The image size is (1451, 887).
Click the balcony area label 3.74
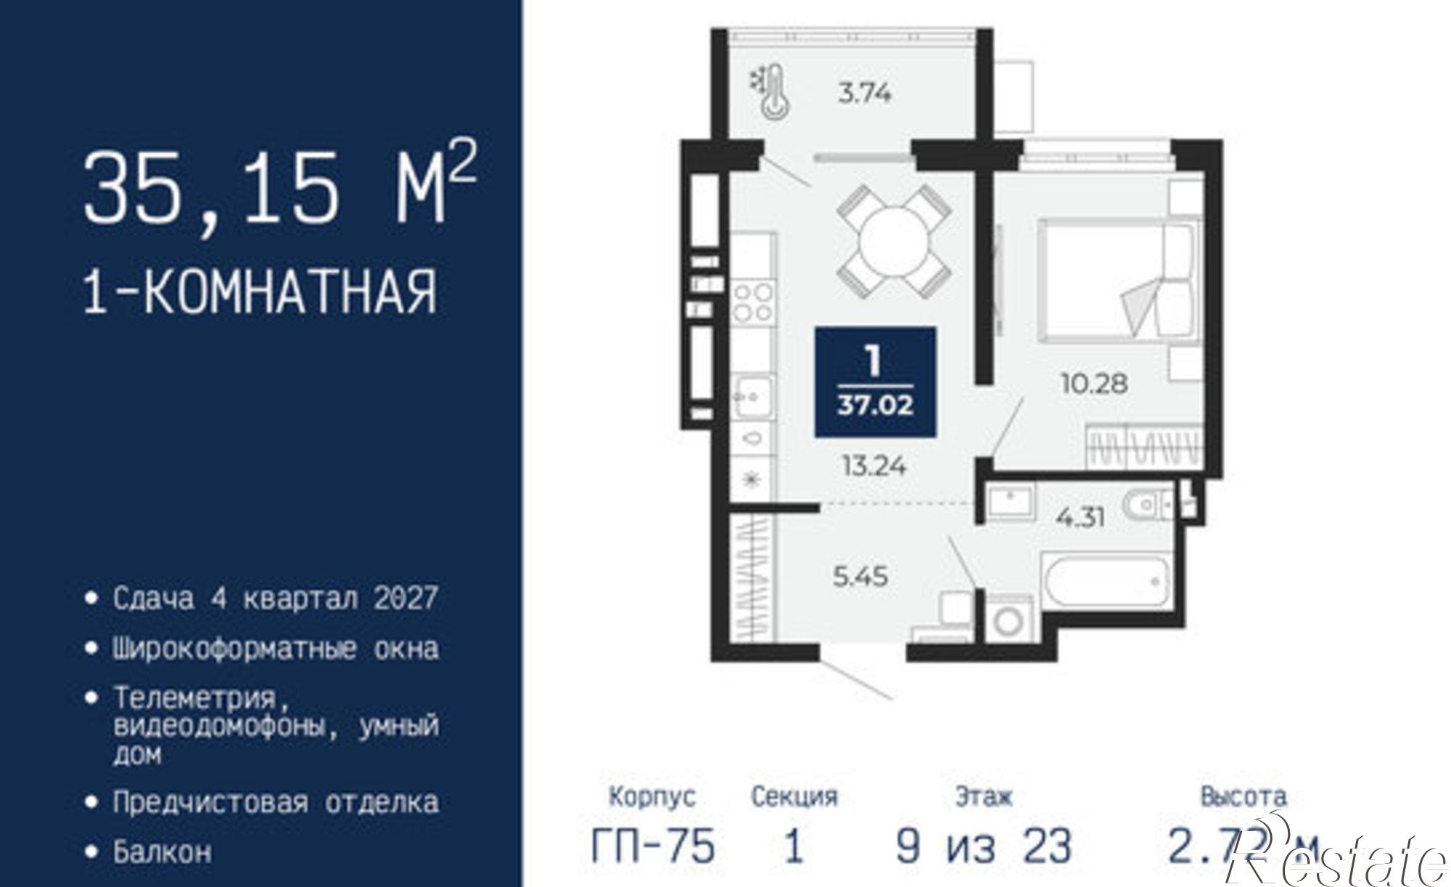click(x=864, y=93)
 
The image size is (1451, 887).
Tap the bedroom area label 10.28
click(x=1094, y=383)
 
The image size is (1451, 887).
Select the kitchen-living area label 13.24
click(x=874, y=466)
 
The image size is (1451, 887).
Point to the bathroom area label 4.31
click(x=1081, y=517)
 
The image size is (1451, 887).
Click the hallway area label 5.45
click(x=860, y=577)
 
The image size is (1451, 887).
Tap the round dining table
click(x=893, y=242)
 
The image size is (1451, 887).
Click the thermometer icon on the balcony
click(x=772, y=91)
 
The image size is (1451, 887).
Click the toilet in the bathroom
click(x=1148, y=505)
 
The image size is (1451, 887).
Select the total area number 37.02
click(x=875, y=405)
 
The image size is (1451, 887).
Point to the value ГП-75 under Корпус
click(x=653, y=846)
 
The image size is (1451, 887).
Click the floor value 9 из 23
click(x=983, y=846)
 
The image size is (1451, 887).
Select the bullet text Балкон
click(x=163, y=851)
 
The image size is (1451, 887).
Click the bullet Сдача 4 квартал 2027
click(x=276, y=598)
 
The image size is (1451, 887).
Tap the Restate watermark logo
click(x=1335, y=859)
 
